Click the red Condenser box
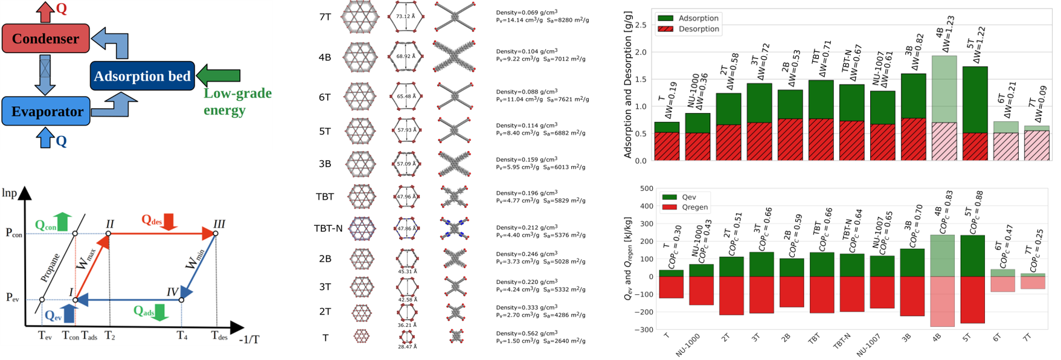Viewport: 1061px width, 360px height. [x=46, y=39]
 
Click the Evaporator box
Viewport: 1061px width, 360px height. [x=46, y=111]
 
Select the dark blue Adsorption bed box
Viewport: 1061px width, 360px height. [x=143, y=76]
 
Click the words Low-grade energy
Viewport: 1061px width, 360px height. [x=237, y=101]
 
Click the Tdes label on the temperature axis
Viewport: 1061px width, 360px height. [x=219, y=336]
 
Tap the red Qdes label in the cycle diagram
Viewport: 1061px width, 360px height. [x=152, y=220]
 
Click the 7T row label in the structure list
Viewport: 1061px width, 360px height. [x=325, y=17]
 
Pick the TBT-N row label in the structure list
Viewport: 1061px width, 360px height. [x=329, y=228]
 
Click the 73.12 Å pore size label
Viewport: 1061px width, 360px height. [x=405, y=16]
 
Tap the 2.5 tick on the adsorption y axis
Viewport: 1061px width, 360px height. [x=641, y=25]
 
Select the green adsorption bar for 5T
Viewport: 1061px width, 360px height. [x=975, y=100]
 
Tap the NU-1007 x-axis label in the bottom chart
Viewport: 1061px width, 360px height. [x=868, y=345]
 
